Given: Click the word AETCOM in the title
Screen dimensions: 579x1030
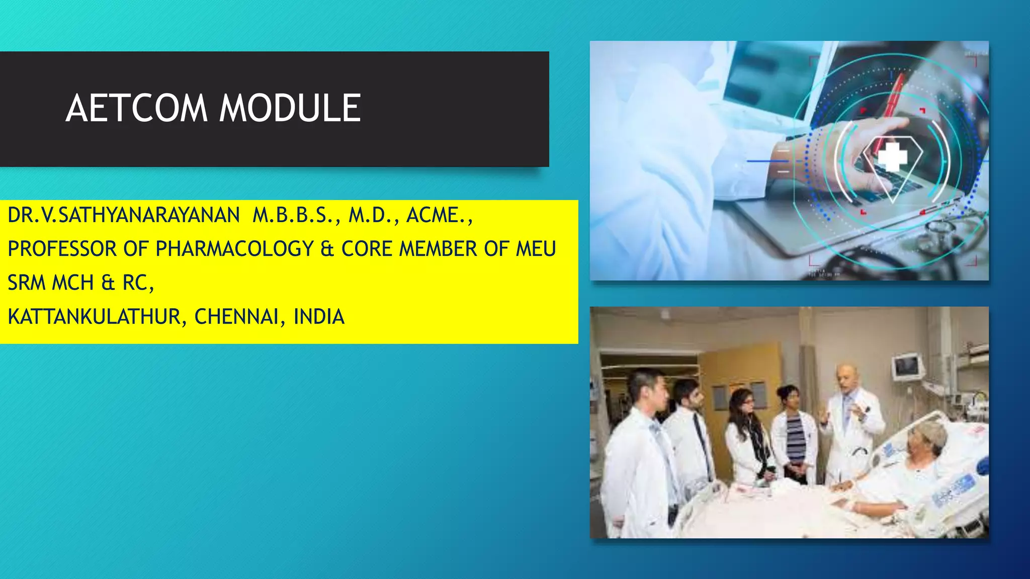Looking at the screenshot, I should point(136,108).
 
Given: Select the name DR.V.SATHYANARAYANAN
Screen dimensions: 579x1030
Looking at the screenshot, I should point(124,215).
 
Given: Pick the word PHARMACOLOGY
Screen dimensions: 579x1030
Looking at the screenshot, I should point(235,249).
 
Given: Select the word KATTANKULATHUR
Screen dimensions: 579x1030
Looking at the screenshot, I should point(94,317).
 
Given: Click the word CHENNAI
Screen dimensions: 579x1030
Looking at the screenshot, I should point(236,317).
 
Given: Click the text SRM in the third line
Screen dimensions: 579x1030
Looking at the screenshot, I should point(27,283).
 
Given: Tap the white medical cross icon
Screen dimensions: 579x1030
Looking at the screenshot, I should point(892,157).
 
